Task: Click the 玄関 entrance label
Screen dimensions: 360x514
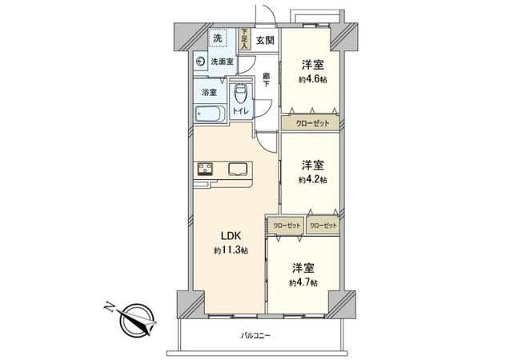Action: coord(265,40)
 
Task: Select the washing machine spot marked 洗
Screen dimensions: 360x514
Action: coord(218,37)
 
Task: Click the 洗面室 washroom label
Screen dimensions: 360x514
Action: coord(222,61)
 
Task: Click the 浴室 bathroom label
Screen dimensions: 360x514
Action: coord(209,92)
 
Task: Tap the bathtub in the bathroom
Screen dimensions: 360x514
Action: coord(211,113)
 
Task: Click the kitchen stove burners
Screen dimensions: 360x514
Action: coord(205,168)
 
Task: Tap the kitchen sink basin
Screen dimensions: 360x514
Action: coord(238,168)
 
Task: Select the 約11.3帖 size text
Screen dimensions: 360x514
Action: coord(231,250)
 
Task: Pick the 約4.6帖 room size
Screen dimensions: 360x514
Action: coord(311,80)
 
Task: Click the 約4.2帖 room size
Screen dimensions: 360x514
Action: coord(311,180)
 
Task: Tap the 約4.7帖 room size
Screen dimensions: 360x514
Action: coord(303,283)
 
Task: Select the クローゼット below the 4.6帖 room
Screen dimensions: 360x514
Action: coord(311,124)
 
